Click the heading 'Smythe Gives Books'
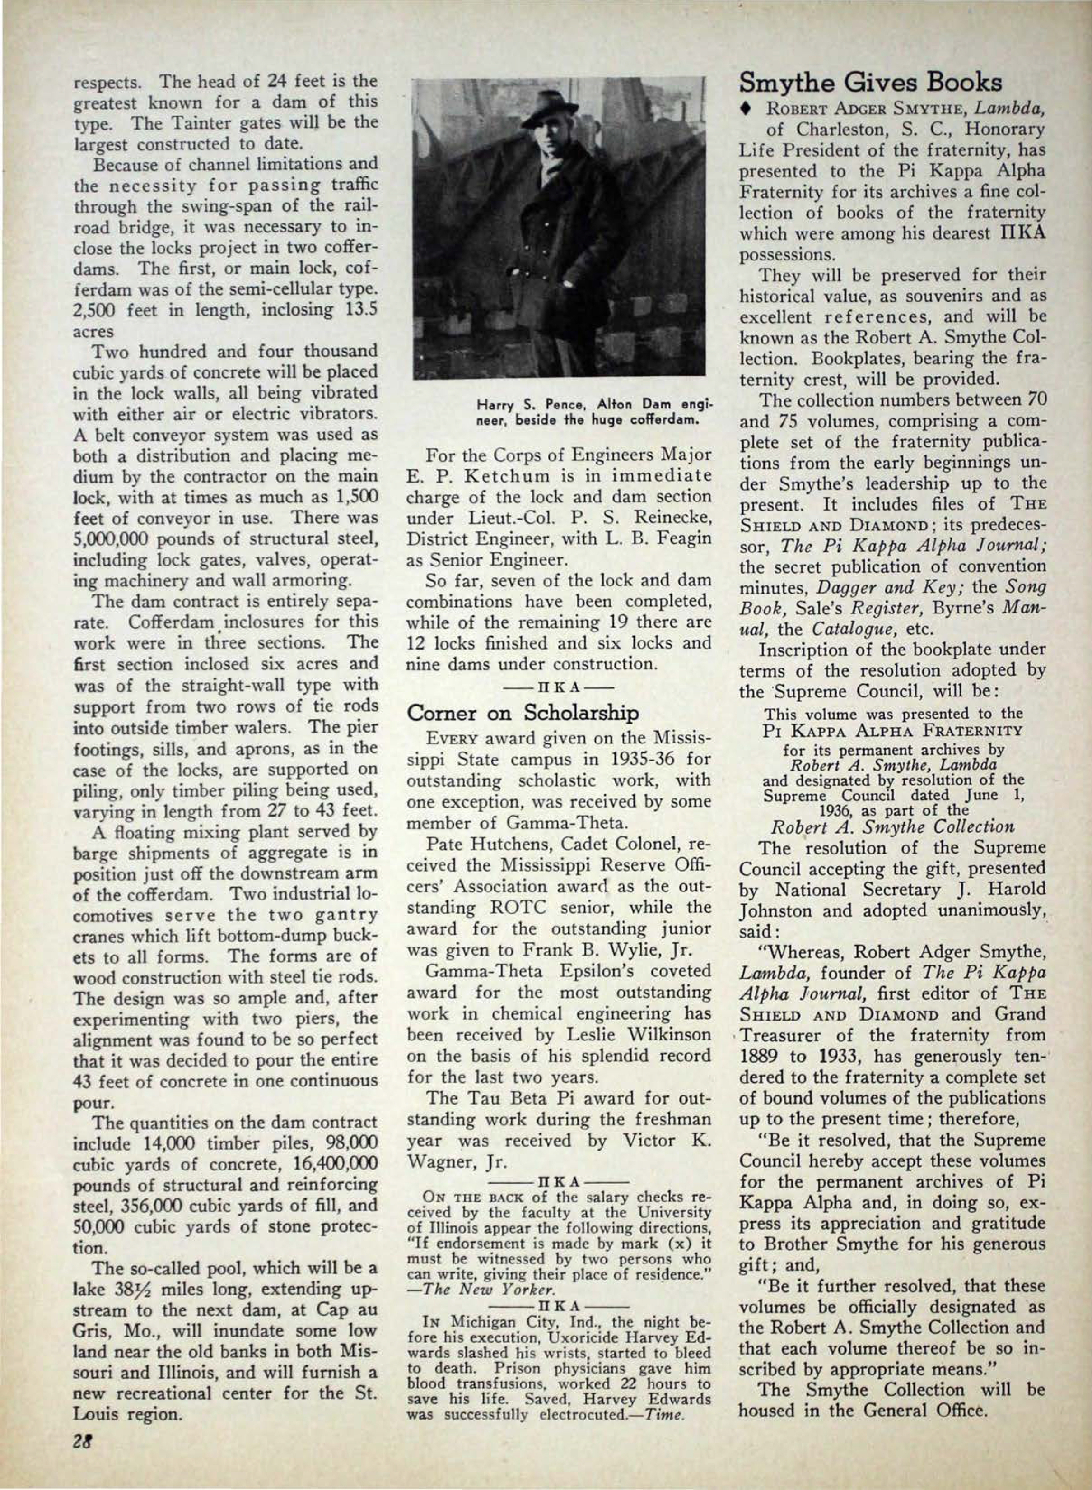[x=871, y=83]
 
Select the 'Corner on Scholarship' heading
[x=523, y=713]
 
